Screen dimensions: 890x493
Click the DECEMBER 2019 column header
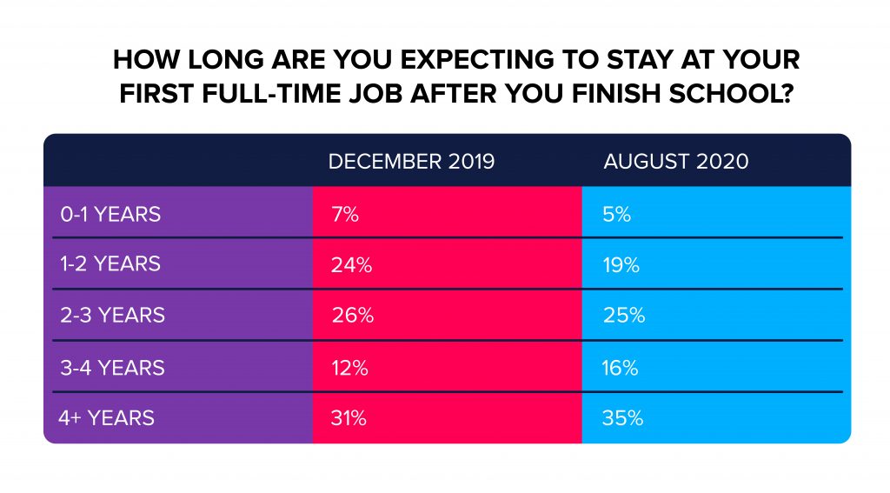(411, 162)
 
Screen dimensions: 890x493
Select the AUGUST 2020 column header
(676, 162)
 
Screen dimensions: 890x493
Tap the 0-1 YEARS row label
(110, 214)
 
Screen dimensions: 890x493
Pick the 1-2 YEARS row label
(110, 263)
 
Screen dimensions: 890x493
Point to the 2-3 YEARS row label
(112, 315)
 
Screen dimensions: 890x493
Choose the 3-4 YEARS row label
(112, 368)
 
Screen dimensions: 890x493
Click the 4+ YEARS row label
(106, 418)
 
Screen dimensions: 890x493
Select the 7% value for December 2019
(344, 214)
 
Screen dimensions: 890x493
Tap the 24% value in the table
(351, 264)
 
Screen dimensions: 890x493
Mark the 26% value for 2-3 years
(353, 315)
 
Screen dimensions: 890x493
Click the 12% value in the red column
(349, 368)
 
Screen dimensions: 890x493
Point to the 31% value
(349, 418)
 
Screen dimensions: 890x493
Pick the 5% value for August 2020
(617, 214)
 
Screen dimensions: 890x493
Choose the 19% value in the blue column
(621, 264)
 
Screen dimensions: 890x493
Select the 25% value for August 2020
(624, 315)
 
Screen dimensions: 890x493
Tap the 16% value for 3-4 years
(621, 368)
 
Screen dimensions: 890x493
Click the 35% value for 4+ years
(622, 418)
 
